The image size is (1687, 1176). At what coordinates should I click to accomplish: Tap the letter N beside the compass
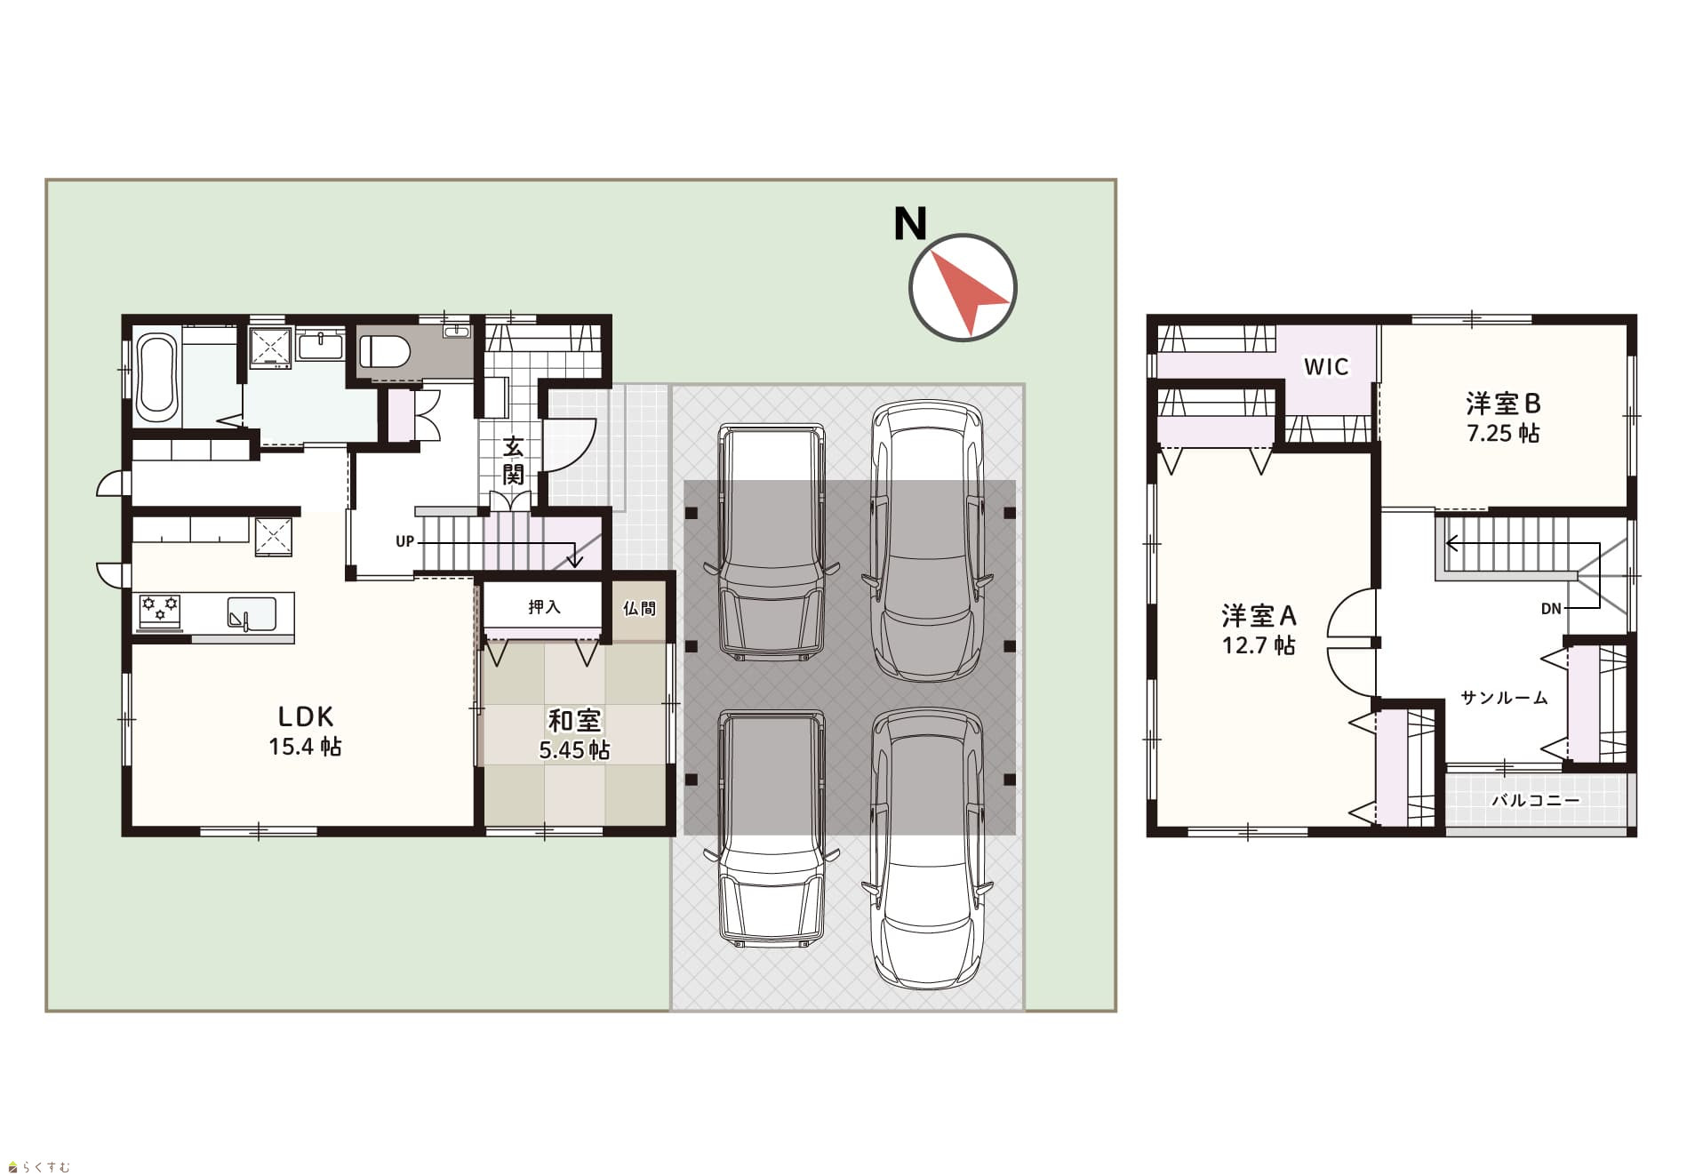pyautogui.click(x=909, y=224)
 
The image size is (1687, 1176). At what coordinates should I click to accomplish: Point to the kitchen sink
pyautogui.click(x=252, y=613)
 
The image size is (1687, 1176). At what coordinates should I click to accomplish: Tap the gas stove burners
pyautogui.click(x=160, y=611)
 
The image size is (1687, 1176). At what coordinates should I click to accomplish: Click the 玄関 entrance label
pyautogui.click(x=513, y=460)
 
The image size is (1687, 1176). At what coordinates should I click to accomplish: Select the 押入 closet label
pyautogui.click(x=544, y=607)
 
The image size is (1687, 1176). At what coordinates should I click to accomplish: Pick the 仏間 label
pyautogui.click(x=639, y=608)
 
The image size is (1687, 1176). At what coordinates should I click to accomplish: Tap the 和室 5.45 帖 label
pyautogui.click(x=574, y=735)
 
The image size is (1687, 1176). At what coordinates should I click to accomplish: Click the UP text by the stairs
pyautogui.click(x=404, y=541)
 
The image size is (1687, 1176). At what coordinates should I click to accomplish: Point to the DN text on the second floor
pyautogui.click(x=1551, y=609)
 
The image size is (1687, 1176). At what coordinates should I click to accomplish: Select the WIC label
pyautogui.click(x=1326, y=366)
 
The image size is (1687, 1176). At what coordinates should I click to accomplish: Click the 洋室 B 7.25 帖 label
pyautogui.click(x=1503, y=419)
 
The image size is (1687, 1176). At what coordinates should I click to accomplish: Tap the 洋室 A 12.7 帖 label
pyautogui.click(x=1259, y=629)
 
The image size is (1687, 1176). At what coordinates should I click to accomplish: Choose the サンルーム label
pyautogui.click(x=1504, y=698)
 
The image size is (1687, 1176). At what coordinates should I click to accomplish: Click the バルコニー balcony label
pyautogui.click(x=1536, y=800)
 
